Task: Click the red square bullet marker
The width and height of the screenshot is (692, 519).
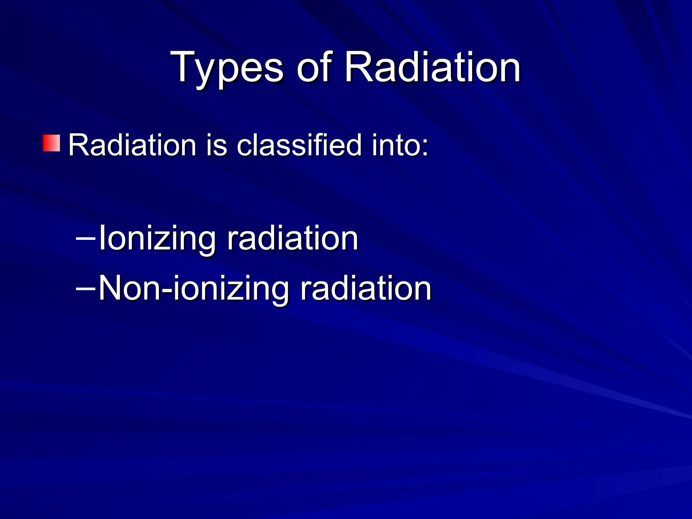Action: [52, 143]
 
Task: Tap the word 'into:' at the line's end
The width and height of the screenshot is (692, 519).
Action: [400, 145]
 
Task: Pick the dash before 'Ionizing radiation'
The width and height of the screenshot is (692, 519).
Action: [85, 238]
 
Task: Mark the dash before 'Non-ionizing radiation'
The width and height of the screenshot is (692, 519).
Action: [85, 289]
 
